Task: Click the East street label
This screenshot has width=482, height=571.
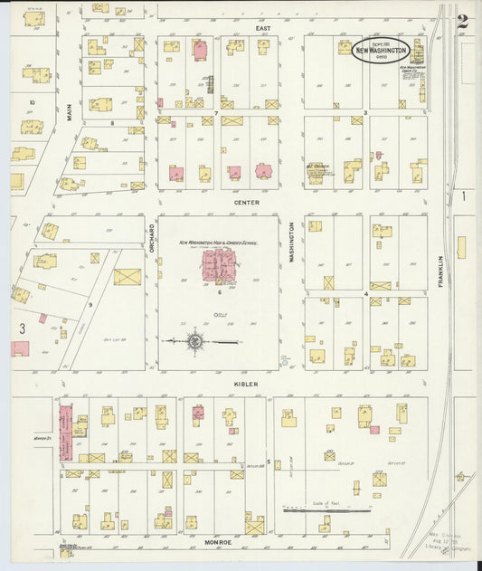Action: pyautogui.click(x=263, y=28)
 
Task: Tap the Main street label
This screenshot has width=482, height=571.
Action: pyautogui.click(x=69, y=109)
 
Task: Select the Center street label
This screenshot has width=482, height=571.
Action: pyautogui.click(x=247, y=203)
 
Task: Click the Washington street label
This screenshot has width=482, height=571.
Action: pyautogui.click(x=293, y=243)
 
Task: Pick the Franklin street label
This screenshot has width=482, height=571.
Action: pyautogui.click(x=441, y=271)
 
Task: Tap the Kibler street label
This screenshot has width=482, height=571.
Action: pyautogui.click(x=246, y=384)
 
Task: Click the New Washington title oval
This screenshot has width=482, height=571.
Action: pyautogui.click(x=381, y=50)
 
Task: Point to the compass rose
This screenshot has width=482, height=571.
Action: pyautogui.click(x=195, y=341)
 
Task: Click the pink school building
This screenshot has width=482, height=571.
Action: pyautogui.click(x=218, y=265)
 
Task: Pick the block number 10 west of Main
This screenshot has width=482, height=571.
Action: pyautogui.click(x=32, y=102)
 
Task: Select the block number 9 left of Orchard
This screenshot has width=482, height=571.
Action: pyautogui.click(x=90, y=305)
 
